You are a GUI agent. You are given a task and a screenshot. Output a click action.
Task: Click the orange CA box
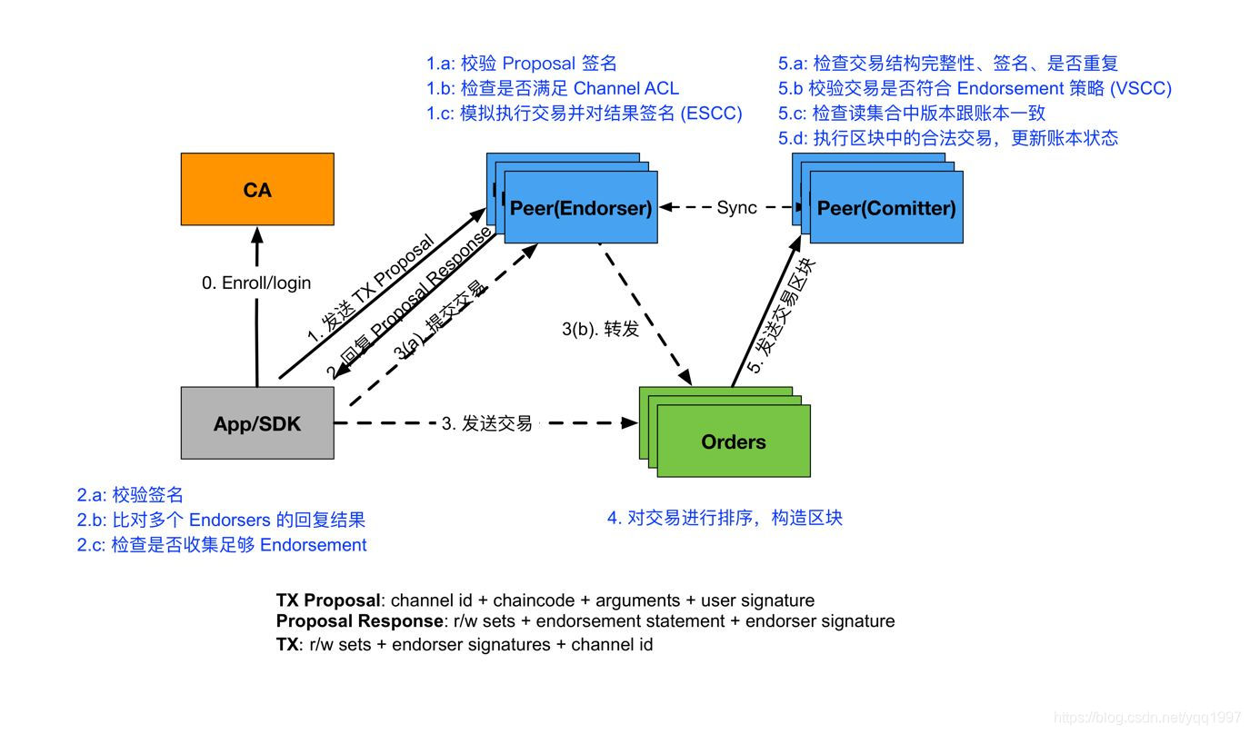[x=257, y=189]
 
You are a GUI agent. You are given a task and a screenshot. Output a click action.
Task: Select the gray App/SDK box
[x=257, y=423]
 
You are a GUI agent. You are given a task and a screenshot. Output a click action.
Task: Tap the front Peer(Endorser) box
[x=581, y=207]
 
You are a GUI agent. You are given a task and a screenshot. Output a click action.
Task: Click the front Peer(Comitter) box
[x=886, y=207]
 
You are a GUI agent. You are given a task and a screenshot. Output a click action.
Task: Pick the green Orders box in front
[x=734, y=441]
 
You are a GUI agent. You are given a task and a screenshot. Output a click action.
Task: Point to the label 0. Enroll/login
[x=256, y=283]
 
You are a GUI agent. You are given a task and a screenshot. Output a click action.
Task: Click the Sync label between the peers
[x=736, y=207]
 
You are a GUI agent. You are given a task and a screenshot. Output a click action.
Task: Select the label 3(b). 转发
[x=601, y=329]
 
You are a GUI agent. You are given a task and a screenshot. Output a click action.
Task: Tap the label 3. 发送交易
[x=487, y=423]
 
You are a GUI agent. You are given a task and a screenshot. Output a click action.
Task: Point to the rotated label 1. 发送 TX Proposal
[x=369, y=290]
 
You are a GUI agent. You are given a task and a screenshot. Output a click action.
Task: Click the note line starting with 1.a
[x=522, y=63]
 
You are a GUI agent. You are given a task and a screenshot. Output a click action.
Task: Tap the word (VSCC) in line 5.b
[x=1140, y=88]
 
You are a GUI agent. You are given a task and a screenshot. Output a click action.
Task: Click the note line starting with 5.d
[x=947, y=138]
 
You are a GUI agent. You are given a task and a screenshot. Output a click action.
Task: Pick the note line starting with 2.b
[x=221, y=520]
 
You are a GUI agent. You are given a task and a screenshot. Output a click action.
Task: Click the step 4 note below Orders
[x=725, y=518]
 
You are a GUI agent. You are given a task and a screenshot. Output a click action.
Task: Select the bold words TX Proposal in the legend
[x=328, y=600]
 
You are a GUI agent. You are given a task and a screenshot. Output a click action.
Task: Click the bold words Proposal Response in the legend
[x=359, y=621]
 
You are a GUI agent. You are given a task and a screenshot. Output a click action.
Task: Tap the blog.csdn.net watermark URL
[x=1148, y=718]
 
